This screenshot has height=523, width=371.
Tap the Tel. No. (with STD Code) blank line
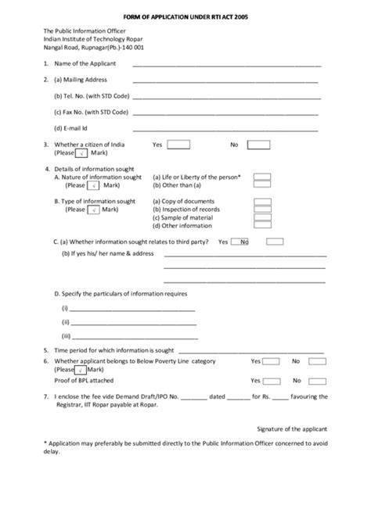tap(227, 98)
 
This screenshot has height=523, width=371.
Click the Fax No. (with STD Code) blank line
tap(227, 113)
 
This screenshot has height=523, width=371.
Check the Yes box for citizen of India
tap(178, 145)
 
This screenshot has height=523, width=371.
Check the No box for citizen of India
tap(259, 145)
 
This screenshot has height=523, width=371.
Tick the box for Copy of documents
tap(263, 202)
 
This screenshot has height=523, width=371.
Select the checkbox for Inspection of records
tap(263, 210)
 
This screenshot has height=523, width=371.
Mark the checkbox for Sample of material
tap(263, 218)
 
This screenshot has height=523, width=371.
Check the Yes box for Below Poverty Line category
tap(271, 361)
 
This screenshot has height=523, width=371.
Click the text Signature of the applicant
tap(292, 428)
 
